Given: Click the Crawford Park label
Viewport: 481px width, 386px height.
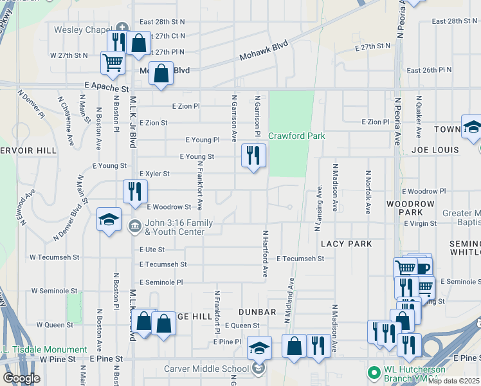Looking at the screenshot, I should tap(296, 136).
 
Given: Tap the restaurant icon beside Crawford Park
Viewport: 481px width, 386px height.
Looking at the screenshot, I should tap(253, 156).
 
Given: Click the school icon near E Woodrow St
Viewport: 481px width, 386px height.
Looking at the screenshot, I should tap(108, 220).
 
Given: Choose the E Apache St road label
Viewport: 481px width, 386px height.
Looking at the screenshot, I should tap(106, 86).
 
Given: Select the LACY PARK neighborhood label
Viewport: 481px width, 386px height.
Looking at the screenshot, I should tap(347, 244).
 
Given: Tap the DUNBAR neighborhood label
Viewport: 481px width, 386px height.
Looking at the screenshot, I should tap(257, 312).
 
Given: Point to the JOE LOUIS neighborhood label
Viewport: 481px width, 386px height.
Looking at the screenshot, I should tap(435, 150).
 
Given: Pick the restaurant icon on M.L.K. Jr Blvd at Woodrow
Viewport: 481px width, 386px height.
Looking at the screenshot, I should tap(135, 192).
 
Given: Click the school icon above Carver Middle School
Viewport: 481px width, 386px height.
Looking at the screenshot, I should tap(259, 347).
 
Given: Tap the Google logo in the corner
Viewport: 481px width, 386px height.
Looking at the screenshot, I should tap(21, 378).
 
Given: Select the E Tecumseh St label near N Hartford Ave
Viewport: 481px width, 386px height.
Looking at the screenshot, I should tap(300, 258).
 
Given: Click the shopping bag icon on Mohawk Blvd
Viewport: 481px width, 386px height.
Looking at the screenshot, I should tap(161, 73).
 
